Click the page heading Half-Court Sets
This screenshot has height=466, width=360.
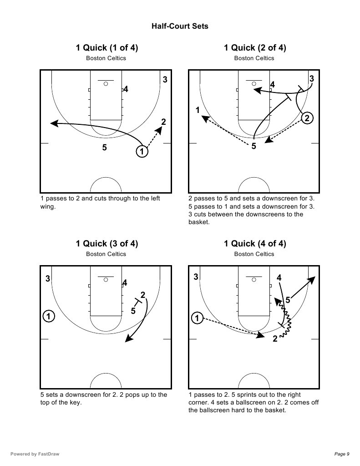pyautogui.click(x=180, y=26)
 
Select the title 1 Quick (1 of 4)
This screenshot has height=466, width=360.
pyautogui.click(x=106, y=48)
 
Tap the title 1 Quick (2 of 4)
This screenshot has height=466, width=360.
pyautogui.click(x=254, y=48)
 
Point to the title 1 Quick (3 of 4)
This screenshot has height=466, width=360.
pyautogui.click(x=106, y=244)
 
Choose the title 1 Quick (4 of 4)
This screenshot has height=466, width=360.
pyautogui.click(x=254, y=244)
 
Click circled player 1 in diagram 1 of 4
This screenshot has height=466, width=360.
pyautogui.click(x=142, y=152)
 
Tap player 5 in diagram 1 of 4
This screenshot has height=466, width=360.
pyautogui.click(x=105, y=147)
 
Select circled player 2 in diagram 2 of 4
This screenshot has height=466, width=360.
pyautogui.click(x=307, y=118)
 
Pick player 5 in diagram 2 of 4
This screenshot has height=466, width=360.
pyautogui.click(x=254, y=146)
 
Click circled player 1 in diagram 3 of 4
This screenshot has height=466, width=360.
pyautogui.click(x=49, y=315)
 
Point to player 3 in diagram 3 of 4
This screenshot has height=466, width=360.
pyautogui.click(x=48, y=279)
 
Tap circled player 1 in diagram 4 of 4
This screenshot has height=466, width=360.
pyautogui.click(x=197, y=317)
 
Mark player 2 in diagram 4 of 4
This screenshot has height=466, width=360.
pyautogui.click(x=275, y=339)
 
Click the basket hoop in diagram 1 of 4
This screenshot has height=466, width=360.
pyautogui.click(x=106, y=84)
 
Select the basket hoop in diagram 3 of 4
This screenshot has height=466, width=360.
pyautogui.click(x=106, y=280)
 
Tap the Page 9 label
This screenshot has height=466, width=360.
pyautogui.click(x=341, y=454)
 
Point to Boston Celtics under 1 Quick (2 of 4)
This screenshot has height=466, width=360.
pyautogui.click(x=254, y=58)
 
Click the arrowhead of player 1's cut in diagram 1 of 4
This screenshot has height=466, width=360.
pyautogui.click(x=53, y=123)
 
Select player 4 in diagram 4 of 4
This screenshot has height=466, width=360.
pyautogui.click(x=279, y=277)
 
